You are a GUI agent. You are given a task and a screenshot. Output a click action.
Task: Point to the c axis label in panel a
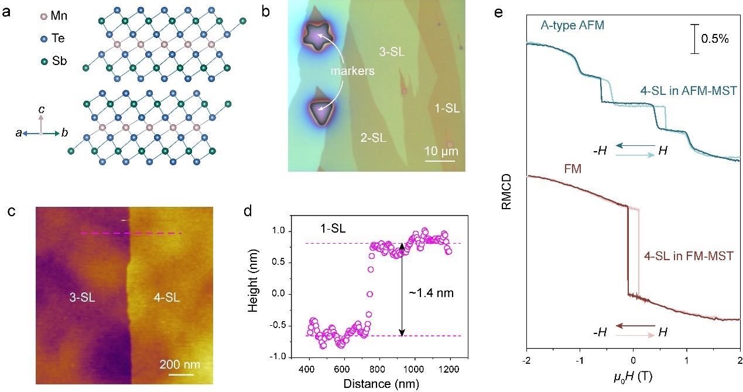click(41, 110)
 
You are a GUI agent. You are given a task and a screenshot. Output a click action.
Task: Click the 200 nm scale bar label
click(179, 364)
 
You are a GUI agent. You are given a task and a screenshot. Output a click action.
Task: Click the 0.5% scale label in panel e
click(715, 40)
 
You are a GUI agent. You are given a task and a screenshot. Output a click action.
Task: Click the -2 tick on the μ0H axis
click(526, 359)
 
